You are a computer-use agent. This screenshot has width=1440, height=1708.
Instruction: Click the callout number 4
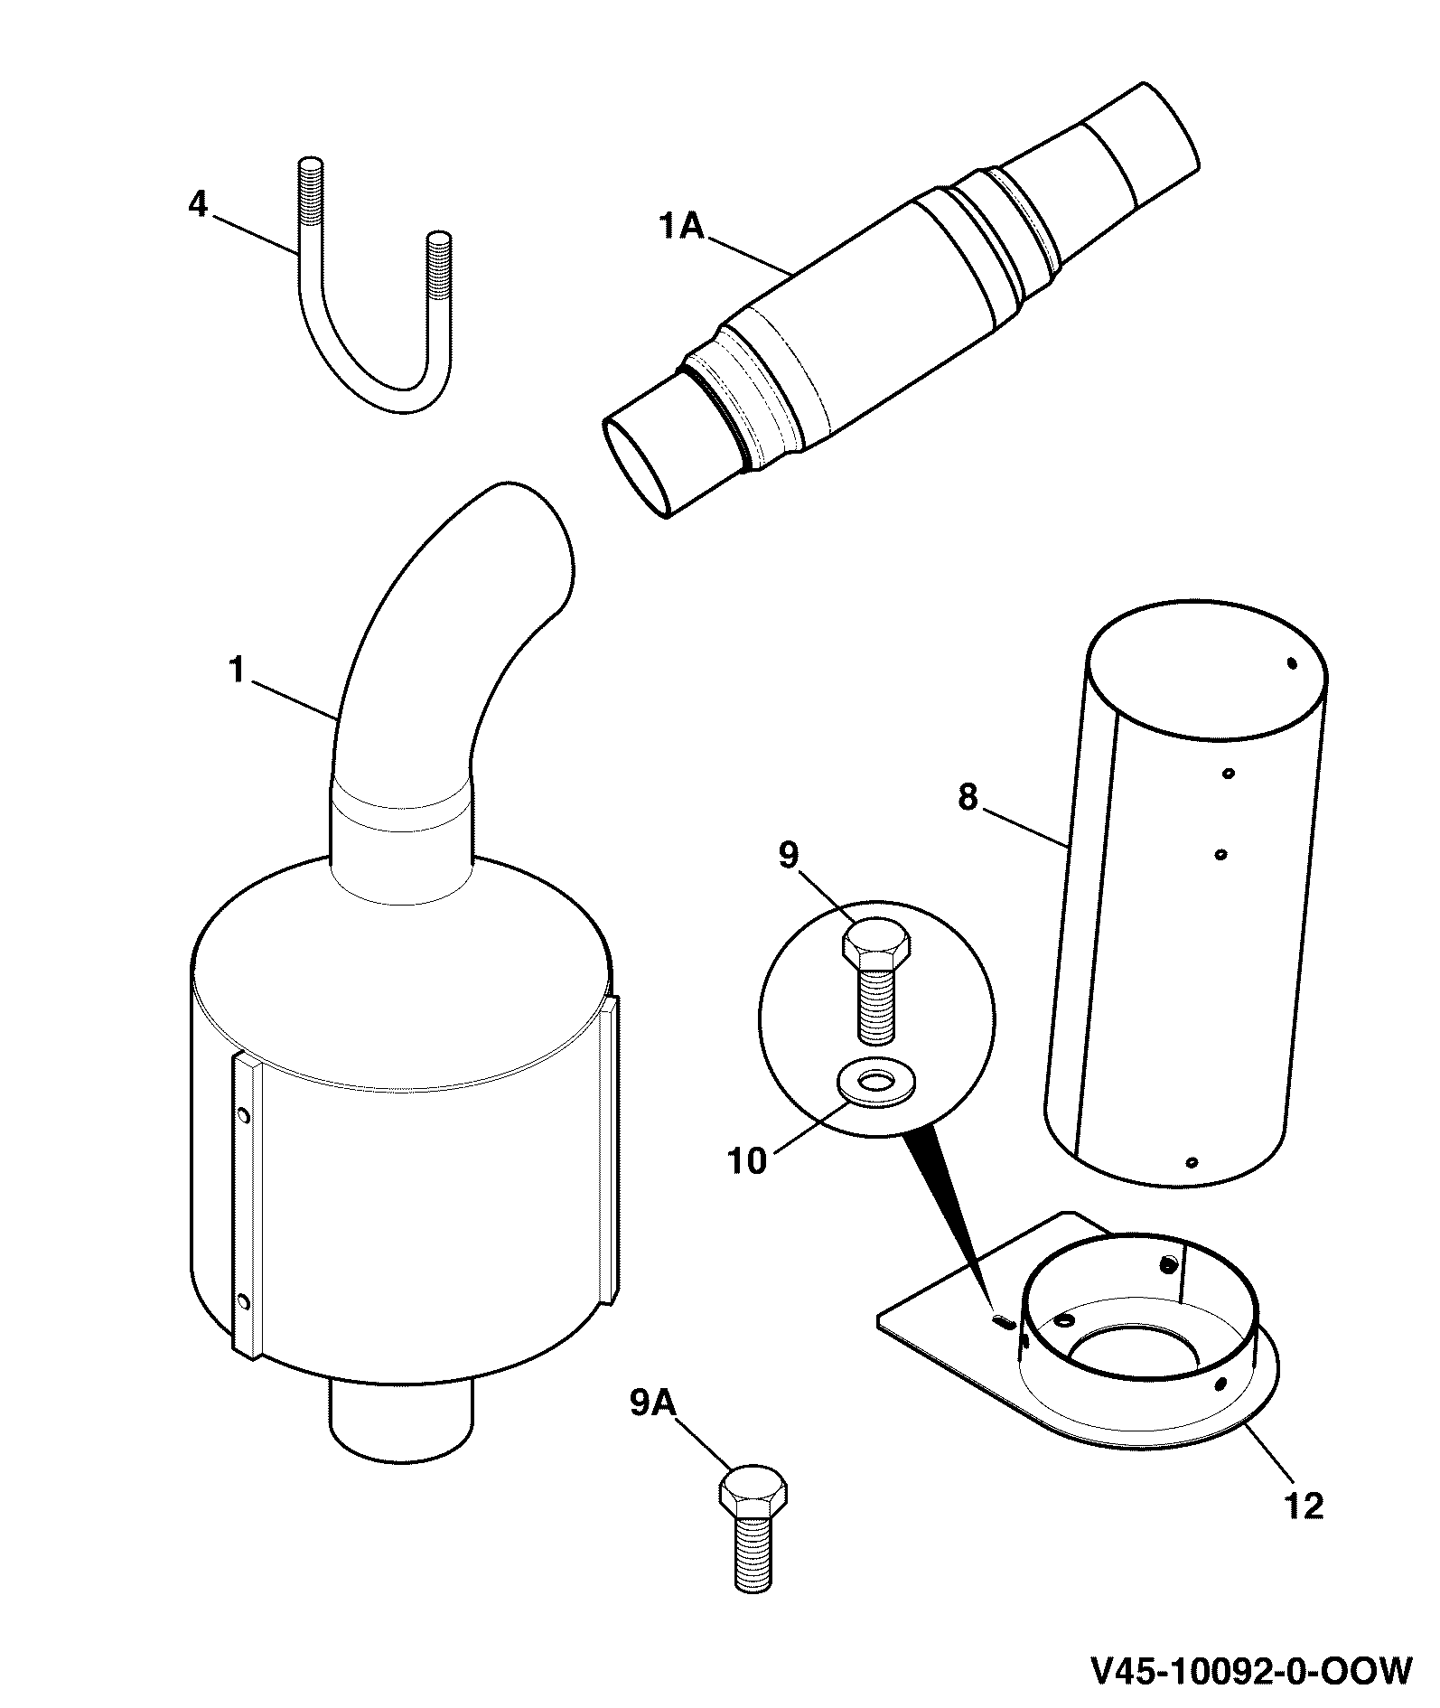[198, 204]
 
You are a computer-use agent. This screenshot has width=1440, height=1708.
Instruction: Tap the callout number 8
[968, 798]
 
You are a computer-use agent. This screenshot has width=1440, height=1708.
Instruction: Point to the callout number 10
[748, 1161]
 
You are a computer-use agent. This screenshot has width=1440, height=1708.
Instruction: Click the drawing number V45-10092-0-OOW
[1251, 1671]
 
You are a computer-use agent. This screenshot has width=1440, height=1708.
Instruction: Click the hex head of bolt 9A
[753, 1494]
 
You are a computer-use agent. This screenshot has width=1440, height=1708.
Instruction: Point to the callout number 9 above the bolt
[789, 855]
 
